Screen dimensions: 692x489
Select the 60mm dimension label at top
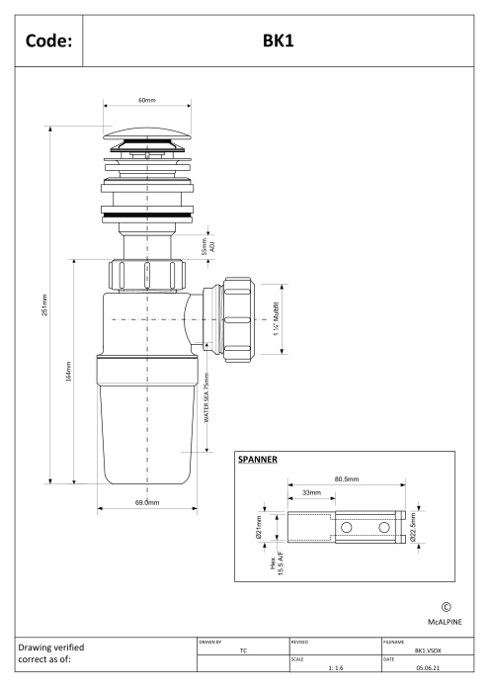147,100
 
